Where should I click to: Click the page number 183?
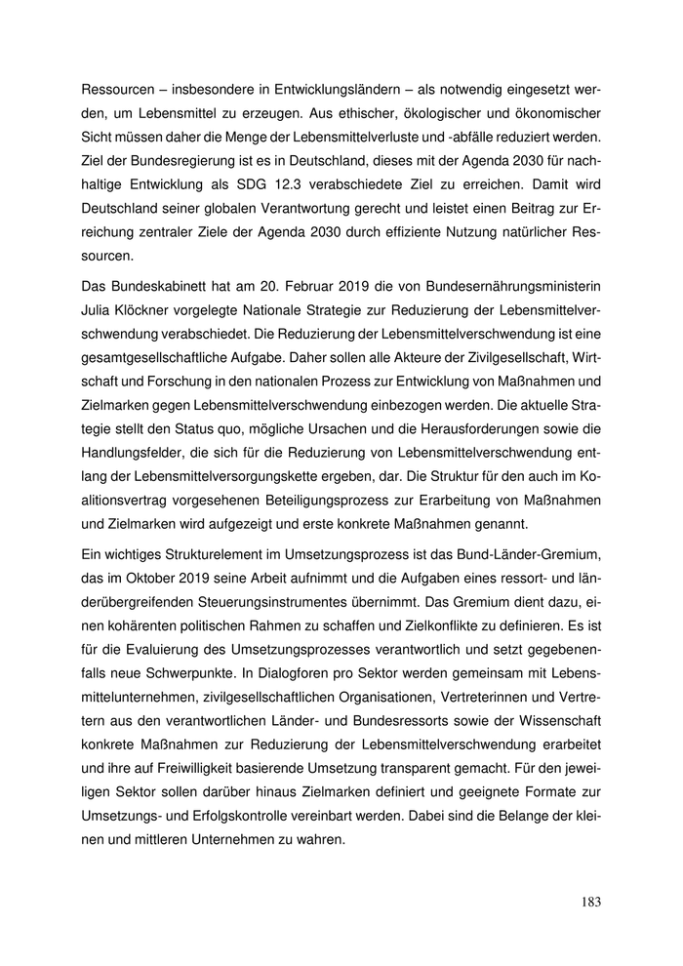click(x=590, y=903)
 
